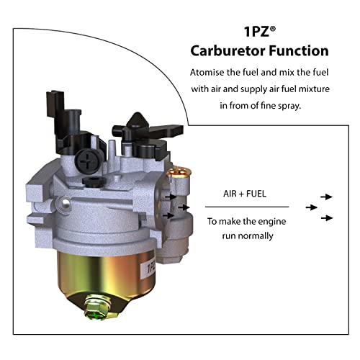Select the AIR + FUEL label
[239, 194]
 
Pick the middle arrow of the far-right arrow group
[311, 207]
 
